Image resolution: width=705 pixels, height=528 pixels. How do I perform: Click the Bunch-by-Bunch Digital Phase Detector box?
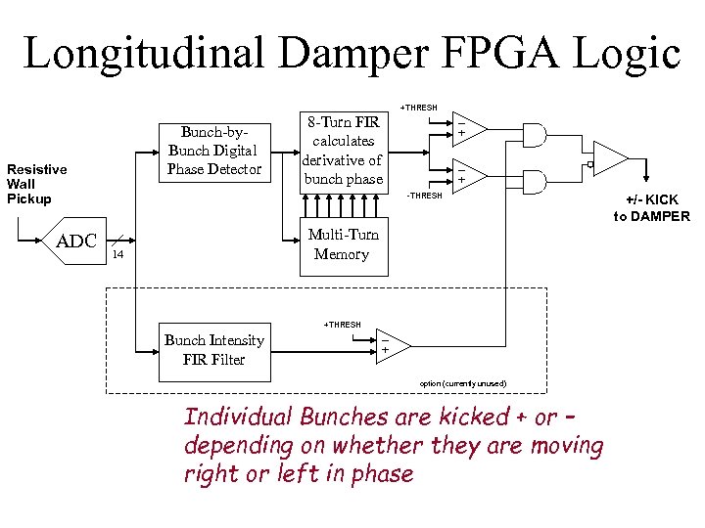coord(213,151)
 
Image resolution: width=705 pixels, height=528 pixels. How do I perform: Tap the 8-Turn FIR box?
coord(344,152)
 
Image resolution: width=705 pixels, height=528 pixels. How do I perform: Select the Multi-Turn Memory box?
coord(342,244)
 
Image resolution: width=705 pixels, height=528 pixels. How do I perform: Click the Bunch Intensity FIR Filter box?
coord(213,350)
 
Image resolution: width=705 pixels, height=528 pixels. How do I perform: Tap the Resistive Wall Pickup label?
coord(36,184)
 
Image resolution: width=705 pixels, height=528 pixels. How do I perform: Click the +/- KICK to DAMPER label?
coord(651,208)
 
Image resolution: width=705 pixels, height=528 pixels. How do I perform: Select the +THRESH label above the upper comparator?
coord(419,107)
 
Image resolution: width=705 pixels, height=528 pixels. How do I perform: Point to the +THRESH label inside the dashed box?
coord(342,325)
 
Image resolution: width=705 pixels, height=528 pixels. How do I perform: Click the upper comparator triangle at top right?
coord(466,128)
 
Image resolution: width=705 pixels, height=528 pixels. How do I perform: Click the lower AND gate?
coord(533,178)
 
